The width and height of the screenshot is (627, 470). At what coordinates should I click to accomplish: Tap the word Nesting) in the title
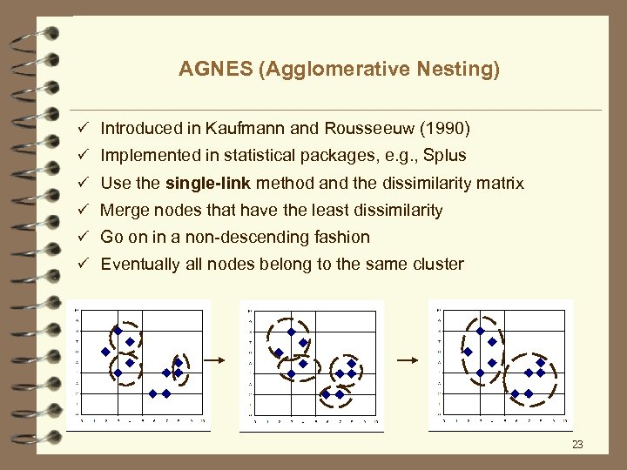point(464,69)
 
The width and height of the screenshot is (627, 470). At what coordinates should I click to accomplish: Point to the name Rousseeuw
point(366,129)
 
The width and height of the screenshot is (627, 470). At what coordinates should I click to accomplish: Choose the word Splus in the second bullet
point(444,156)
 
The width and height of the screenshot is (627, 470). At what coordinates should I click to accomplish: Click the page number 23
point(577,446)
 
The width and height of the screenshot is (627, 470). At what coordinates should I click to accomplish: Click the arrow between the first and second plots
point(214,359)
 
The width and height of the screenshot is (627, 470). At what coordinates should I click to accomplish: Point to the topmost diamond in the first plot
point(118,330)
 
